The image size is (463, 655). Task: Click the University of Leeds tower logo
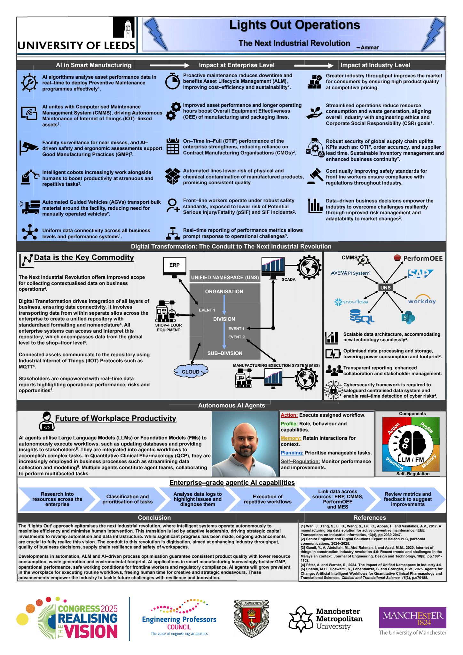point(124,28)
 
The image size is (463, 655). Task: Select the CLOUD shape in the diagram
point(191,371)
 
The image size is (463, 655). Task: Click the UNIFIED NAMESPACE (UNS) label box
point(225,277)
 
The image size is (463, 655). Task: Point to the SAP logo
point(420,274)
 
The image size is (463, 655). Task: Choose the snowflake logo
point(351,302)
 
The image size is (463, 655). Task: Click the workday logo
point(422,300)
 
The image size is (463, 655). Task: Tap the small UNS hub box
point(385,288)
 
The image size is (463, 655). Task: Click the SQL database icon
point(362,317)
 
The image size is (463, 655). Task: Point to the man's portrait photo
point(245,444)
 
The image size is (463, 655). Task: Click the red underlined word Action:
point(289,415)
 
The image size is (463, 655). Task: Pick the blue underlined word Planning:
point(292,453)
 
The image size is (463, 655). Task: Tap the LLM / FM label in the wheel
point(411,460)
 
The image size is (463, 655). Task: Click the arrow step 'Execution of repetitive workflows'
point(268,499)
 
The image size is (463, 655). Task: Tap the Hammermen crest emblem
point(251,619)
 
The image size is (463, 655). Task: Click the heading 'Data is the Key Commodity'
point(84,257)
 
